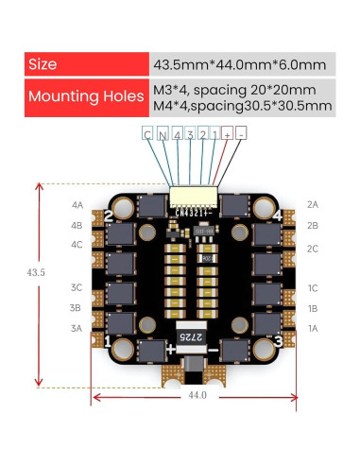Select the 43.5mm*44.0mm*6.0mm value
click(x=239, y=64)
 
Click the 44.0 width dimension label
click(x=196, y=396)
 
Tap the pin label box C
click(x=147, y=135)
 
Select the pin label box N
click(x=163, y=135)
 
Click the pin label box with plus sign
click(x=228, y=135)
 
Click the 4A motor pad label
click(x=77, y=205)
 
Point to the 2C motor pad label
click(x=312, y=248)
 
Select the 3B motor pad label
click(x=77, y=307)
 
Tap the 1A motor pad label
click(x=312, y=327)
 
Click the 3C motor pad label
click(x=77, y=287)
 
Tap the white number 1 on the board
click(x=110, y=339)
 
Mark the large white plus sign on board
click(x=170, y=349)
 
